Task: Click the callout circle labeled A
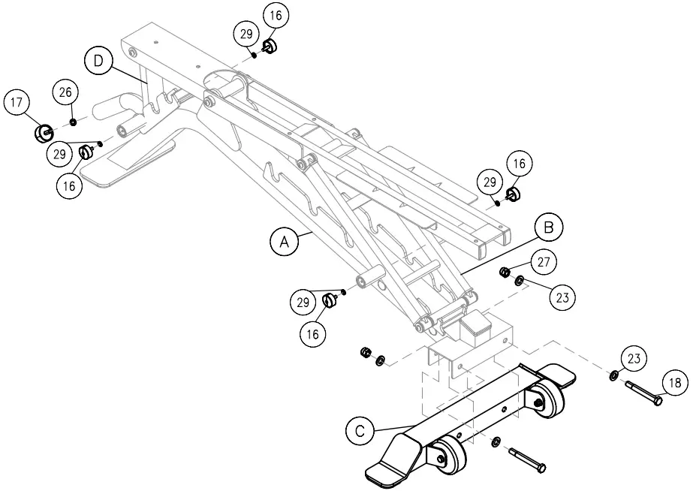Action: (284, 242)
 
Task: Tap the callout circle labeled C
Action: (360, 431)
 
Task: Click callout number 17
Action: (18, 103)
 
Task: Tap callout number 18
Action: (675, 383)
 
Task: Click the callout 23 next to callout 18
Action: (635, 359)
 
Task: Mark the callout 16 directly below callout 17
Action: (70, 185)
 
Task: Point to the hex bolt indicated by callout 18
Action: (642, 393)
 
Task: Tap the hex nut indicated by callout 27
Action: (505, 271)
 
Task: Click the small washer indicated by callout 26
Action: (73, 122)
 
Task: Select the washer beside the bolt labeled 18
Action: (614, 375)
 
